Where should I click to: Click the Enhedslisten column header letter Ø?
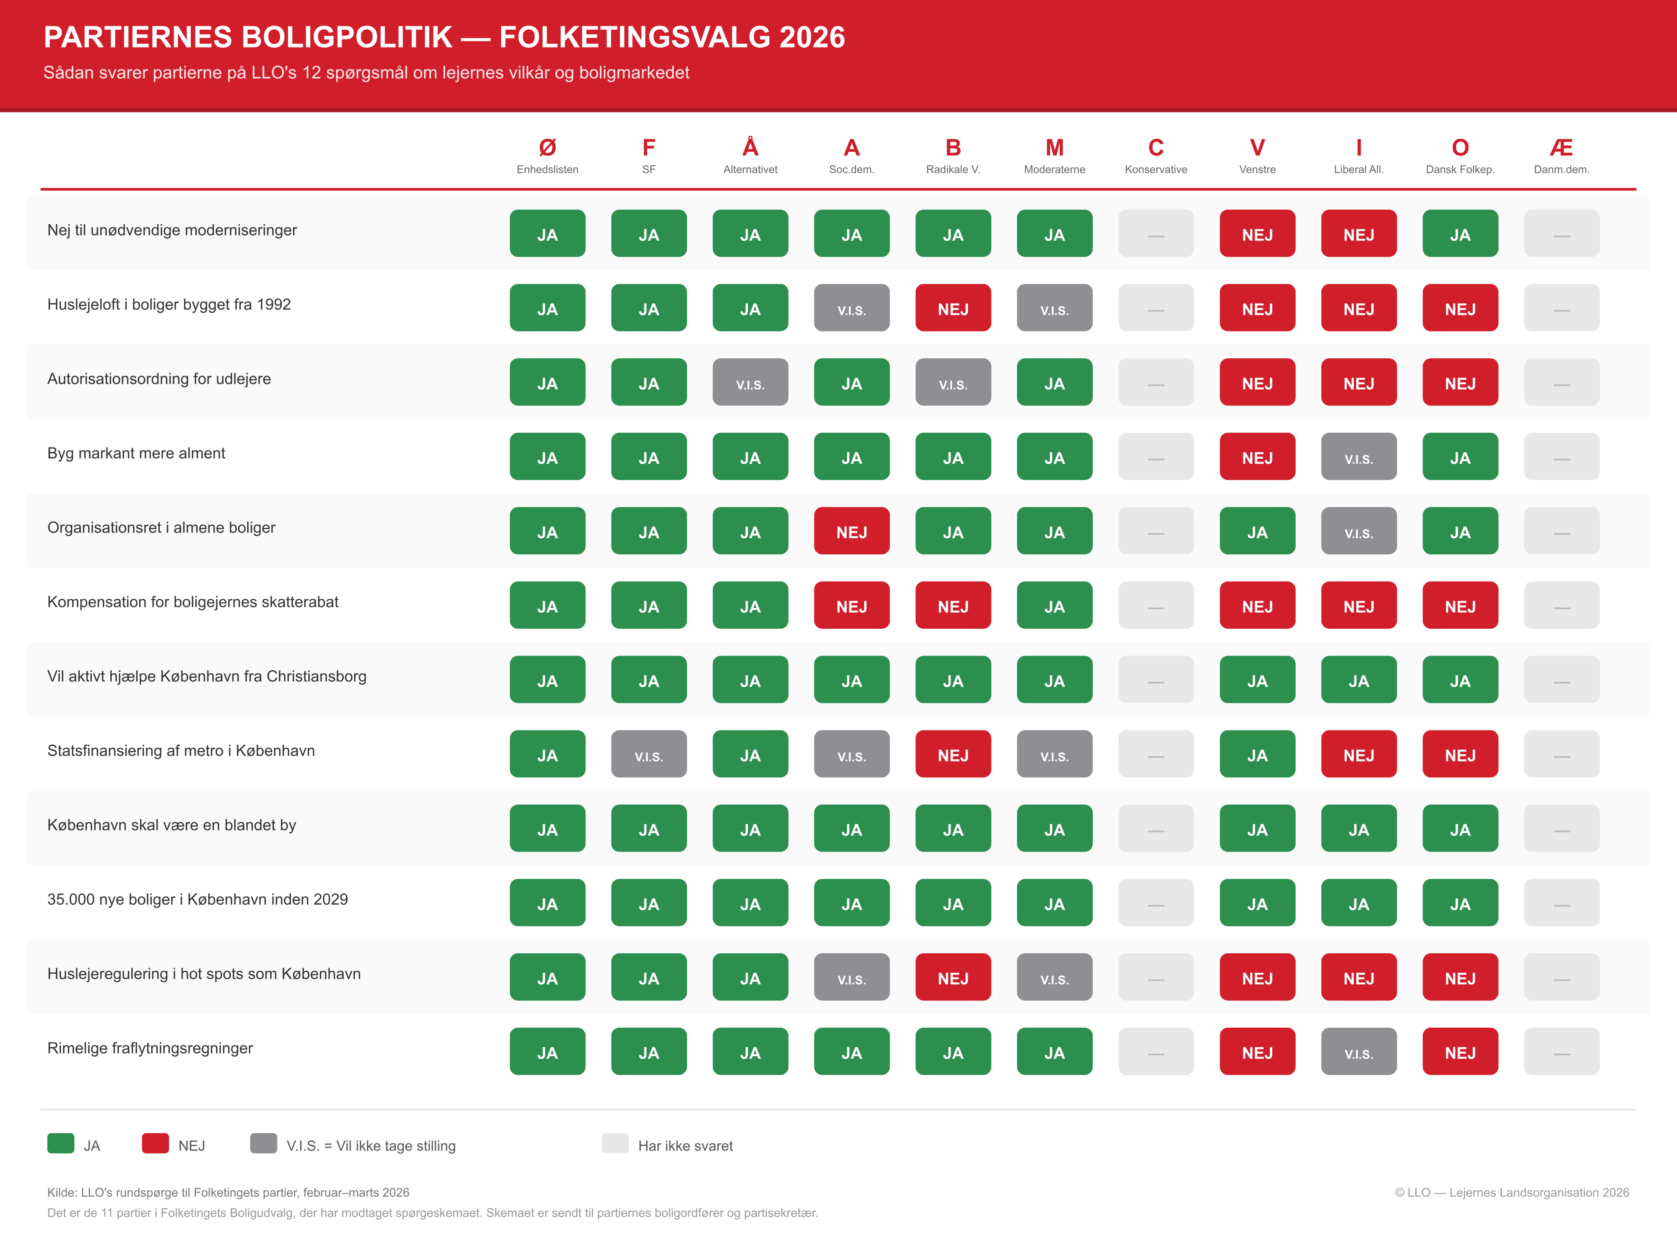(547, 148)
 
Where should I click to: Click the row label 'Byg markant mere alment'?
(136, 453)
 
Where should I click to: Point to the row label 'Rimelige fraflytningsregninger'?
(150, 1048)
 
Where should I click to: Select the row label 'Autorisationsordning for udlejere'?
(159, 379)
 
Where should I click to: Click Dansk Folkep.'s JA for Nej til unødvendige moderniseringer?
(1460, 233)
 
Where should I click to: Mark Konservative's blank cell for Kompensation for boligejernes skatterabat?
(1156, 605)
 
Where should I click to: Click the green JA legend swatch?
(60, 1143)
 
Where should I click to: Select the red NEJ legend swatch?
(155, 1143)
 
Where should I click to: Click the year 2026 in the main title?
(812, 37)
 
